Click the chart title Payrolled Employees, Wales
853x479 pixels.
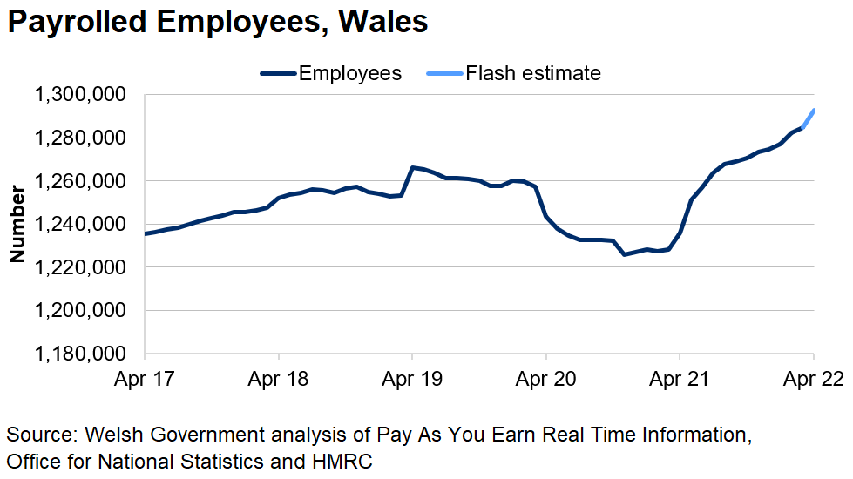click(x=217, y=23)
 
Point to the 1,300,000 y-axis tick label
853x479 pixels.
click(x=79, y=94)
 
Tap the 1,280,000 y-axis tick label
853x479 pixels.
click(x=79, y=138)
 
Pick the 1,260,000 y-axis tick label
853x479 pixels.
click(x=79, y=181)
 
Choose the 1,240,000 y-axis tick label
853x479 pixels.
click(x=79, y=224)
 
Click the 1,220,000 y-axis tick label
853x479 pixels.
click(x=79, y=267)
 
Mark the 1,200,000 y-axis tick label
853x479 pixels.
click(x=79, y=311)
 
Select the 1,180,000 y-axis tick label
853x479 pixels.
click(x=79, y=354)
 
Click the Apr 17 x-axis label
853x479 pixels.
click(x=145, y=380)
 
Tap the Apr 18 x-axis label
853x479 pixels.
click(x=278, y=380)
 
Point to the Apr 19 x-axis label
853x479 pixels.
click(x=412, y=380)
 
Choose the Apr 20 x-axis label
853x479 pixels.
click(x=546, y=380)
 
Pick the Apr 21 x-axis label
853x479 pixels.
click(x=680, y=380)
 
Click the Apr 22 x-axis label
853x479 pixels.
click(x=814, y=380)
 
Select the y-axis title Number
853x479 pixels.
click(x=17, y=224)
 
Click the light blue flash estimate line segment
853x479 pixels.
click(x=809, y=119)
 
